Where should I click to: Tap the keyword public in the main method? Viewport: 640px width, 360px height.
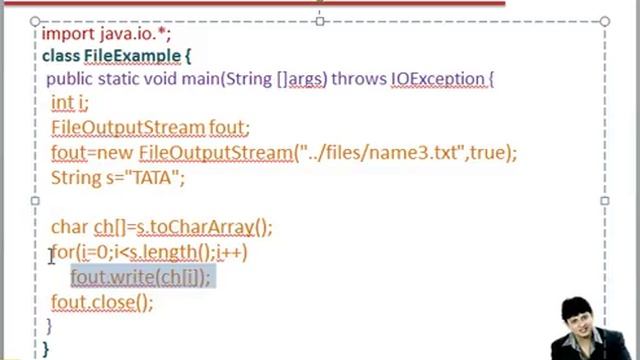70,78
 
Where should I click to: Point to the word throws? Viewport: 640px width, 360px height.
358,78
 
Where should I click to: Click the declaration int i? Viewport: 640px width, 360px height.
70,102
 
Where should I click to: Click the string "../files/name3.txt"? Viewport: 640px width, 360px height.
381,153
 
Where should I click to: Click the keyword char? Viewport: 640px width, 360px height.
69,227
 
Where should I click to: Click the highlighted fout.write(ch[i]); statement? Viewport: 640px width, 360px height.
141,277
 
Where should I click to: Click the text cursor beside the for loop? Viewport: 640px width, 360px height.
51,257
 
